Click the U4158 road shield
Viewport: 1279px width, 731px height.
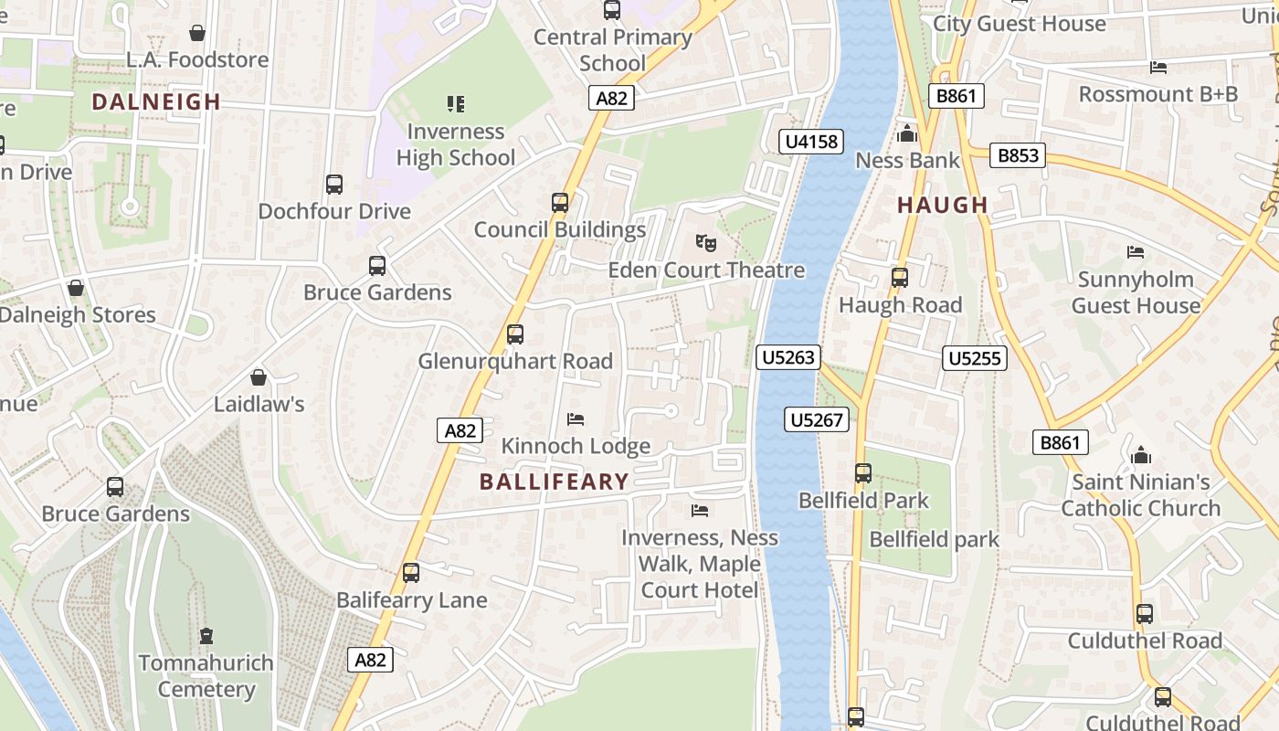pyautogui.click(x=810, y=142)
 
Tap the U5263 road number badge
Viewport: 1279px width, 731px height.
pyautogui.click(x=787, y=357)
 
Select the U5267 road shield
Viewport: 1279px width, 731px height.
pyautogui.click(x=816, y=419)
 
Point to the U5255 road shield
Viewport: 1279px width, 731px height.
pyautogui.click(x=975, y=358)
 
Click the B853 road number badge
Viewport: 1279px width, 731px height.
pyautogui.click(x=1018, y=155)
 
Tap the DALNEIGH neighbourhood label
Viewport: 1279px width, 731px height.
pyautogui.click(x=156, y=101)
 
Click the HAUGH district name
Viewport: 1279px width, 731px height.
pyautogui.click(x=943, y=205)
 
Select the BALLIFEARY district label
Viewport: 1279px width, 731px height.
pyautogui.click(x=555, y=482)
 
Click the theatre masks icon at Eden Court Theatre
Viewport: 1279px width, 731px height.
pyautogui.click(x=705, y=243)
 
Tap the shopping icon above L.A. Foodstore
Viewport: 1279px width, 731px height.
pyautogui.click(x=196, y=34)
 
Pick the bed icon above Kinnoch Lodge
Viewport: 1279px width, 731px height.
pyautogui.click(x=576, y=419)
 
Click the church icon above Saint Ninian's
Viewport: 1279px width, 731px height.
pyautogui.click(x=1140, y=455)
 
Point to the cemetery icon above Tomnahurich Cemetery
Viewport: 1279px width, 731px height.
pyautogui.click(x=206, y=636)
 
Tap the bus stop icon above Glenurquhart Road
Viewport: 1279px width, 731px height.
pyautogui.click(x=515, y=334)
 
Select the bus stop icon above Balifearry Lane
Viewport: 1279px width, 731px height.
pyautogui.click(x=411, y=573)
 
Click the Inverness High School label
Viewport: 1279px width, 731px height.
pyautogui.click(x=456, y=144)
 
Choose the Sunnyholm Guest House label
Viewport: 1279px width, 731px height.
pyautogui.click(x=1136, y=292)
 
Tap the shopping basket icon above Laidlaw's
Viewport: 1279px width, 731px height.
pyautogui.click(x=259, y=377)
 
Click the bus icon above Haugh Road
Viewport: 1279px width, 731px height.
pyautogui.click(x=900, y=278)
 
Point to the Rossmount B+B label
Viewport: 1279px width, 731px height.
pyautogui.click(x=1158, y=94)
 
